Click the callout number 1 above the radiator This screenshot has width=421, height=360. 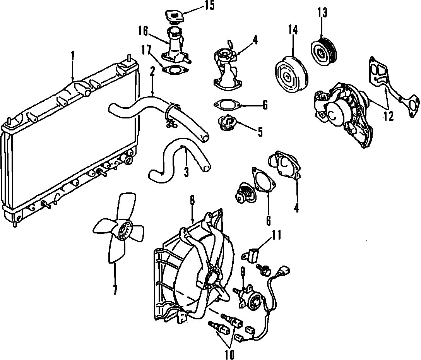tap(72, 56)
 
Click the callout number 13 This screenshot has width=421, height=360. tap(322, 13)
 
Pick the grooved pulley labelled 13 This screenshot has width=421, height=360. tap(324, 51)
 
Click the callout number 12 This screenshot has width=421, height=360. tap(388, 115)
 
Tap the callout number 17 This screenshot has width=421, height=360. tap(146, 50)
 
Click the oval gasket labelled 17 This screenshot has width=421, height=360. tap(174, 70)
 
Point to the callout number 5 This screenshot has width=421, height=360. tap(259, 132)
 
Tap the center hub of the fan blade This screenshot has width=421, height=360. tap(125, 231)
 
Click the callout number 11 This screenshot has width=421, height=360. tap(276, 235)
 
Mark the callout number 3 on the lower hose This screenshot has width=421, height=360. tap(186, 171)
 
